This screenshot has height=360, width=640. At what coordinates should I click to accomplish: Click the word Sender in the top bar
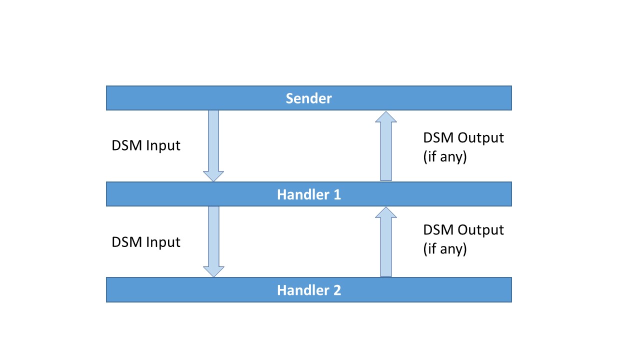308,98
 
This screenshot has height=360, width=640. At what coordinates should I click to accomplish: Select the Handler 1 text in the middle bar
308,194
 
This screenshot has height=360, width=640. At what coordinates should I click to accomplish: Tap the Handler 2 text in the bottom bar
308,290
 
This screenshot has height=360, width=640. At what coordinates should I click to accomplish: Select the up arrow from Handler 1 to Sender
385,147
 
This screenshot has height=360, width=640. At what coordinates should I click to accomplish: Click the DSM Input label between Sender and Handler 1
145,146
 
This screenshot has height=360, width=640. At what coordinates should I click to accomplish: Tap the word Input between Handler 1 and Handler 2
162,242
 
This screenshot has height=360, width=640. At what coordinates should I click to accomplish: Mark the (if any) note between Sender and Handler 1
444,156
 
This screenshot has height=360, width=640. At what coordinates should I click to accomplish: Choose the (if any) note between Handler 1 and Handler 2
444,249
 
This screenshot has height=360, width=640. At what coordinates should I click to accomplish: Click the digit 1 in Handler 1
336,194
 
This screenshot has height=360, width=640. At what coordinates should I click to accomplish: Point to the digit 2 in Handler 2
336,290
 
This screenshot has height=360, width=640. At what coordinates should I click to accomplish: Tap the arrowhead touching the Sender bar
385,117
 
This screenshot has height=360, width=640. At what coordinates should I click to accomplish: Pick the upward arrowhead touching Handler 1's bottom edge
385,212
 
